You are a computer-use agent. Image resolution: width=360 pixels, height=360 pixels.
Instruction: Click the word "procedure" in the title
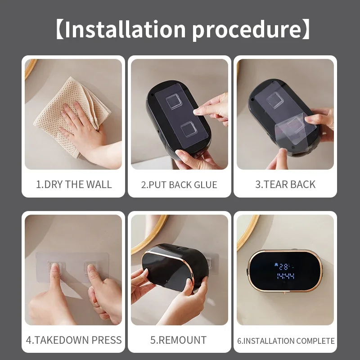tap(247, 30)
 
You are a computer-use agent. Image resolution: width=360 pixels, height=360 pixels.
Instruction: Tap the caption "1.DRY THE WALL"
tap(74, 184)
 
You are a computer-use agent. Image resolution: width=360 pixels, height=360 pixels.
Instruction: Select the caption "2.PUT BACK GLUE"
tap(179, 185)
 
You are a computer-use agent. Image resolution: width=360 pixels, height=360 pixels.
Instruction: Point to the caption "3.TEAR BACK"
tap(285, 184)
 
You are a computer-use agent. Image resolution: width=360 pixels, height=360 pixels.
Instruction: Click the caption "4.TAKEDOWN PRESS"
tap(74, 340)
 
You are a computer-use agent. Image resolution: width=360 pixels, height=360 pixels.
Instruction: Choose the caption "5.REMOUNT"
tap(179, 340)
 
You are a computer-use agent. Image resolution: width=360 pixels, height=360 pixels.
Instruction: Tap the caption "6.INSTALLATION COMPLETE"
tap(286, 341)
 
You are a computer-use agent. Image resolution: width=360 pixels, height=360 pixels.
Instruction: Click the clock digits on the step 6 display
tap(284, 276)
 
